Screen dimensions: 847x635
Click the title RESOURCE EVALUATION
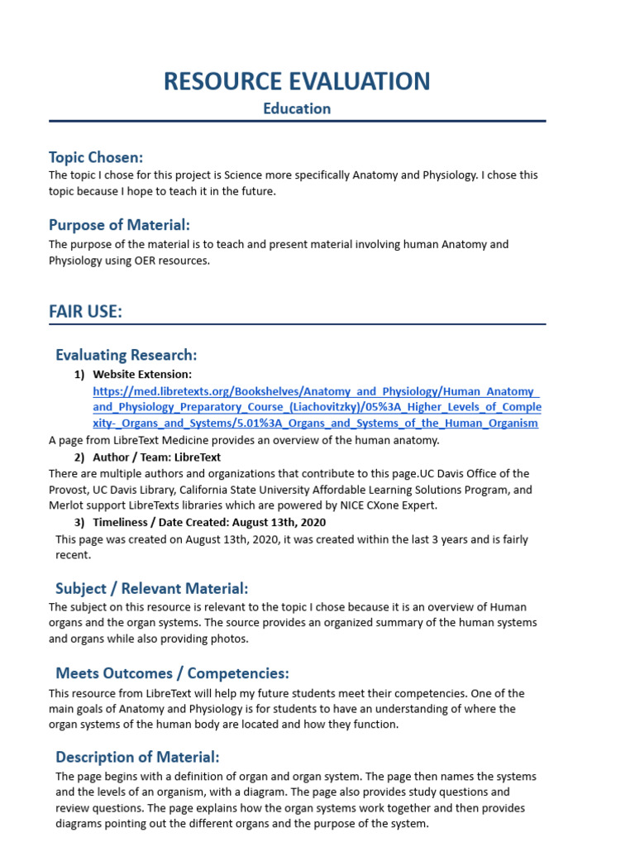coord(297,81)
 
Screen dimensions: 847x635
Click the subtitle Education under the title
coord(297,108)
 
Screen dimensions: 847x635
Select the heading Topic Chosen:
coord(96,157)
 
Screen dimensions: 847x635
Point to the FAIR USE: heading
coord(85,311)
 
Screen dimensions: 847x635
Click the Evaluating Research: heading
coord(126,355)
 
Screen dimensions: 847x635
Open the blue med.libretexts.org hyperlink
coord(317,407)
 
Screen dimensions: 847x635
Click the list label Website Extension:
coord(142,374)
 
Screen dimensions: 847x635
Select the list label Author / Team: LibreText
coord(157,457)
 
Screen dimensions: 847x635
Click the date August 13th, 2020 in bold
coord(279,523)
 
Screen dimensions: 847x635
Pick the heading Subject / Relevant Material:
coord(151,588)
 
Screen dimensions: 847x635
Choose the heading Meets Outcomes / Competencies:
coord(172,673)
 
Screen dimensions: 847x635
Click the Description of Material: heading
coord(137,757)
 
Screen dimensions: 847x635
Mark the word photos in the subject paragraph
coord(231,639)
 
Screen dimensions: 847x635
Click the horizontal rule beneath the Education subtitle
coord(297,122)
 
